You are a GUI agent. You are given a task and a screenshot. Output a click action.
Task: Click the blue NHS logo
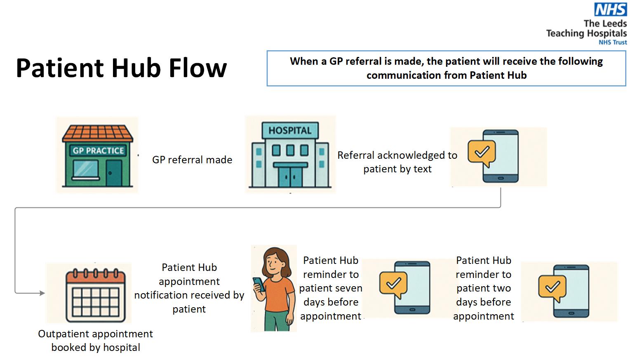(610, 9)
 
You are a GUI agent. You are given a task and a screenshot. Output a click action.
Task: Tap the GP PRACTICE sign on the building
(98, 151)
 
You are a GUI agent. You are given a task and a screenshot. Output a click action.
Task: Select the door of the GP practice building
(114, 173)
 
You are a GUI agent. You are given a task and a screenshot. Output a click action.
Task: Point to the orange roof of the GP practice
(98, 133)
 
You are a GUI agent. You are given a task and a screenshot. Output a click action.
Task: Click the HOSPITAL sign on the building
(290, 130)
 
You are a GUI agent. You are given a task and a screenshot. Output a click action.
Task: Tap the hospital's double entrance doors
(290, 177)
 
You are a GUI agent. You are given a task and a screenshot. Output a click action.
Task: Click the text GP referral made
(192, 160)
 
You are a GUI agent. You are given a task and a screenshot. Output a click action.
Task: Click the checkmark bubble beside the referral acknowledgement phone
(482, 153)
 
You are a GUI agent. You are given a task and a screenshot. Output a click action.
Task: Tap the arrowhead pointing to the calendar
(42, 293)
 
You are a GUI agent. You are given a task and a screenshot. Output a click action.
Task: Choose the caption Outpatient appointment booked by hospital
(96, 340)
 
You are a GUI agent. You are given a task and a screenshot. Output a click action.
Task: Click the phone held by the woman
(259, 284)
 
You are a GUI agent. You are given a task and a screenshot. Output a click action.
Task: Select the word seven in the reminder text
(349, 288)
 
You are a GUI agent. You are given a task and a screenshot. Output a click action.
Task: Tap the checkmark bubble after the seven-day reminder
(393, 283)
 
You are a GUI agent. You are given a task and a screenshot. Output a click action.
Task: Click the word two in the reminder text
(501, 288)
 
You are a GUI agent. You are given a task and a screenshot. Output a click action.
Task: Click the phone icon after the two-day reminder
(571, 291)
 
